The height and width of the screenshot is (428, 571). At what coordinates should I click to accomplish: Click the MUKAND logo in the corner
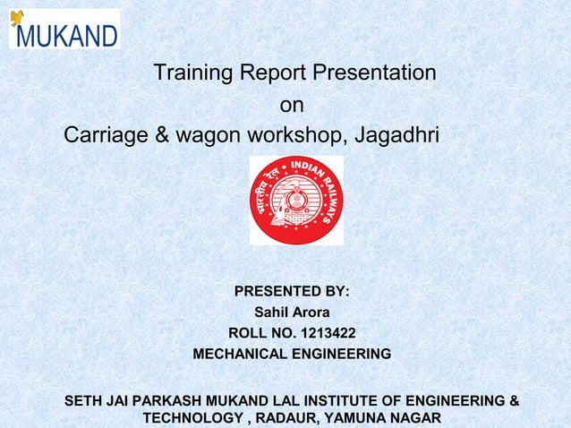point(64,30)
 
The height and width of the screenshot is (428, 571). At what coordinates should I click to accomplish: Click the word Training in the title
point(191,72)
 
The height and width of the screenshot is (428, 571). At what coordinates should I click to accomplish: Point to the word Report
point(269,72)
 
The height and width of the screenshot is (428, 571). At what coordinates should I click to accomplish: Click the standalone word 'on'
point(292,106)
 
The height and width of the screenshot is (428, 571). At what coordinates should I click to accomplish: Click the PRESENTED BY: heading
point(292,292)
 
